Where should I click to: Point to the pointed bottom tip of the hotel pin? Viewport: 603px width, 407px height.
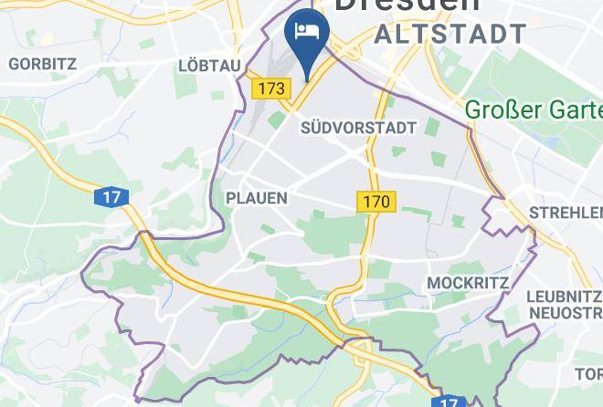coord(307,80)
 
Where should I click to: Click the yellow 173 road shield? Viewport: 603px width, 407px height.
coord(270,89)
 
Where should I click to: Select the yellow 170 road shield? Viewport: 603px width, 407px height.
coord(376,202)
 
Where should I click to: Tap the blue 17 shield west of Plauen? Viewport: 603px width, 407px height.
coord(111,196)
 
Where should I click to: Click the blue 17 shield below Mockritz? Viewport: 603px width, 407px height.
coord(447,402)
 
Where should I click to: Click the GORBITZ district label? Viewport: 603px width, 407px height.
coord(42,64)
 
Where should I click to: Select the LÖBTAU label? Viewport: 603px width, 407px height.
coord(209,66)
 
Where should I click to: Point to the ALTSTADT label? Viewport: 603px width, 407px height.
coord(450,36)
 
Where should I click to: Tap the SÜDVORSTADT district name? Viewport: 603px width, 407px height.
coord(358,128)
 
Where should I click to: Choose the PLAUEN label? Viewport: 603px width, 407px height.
coord(257,198)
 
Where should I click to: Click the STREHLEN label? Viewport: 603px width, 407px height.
coord(566,214)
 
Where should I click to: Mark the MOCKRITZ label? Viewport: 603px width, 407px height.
coord(468,283)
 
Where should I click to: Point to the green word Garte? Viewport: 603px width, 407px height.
coord(571,110)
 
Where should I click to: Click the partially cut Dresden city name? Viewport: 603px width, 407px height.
coord(407,5)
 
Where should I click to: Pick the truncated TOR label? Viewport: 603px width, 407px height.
coord(588,374)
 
